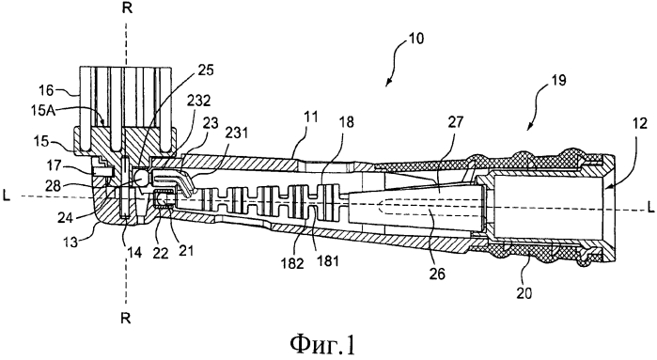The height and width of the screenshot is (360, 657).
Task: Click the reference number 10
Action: [416, 39]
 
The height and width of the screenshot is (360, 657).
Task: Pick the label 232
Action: [199, 101]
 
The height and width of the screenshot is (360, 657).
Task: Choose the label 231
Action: [237, 133]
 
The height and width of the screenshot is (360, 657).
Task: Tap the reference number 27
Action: [456, 122]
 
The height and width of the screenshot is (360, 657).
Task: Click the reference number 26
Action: [437, 274]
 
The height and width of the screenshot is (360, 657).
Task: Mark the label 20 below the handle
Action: [524, 292]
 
